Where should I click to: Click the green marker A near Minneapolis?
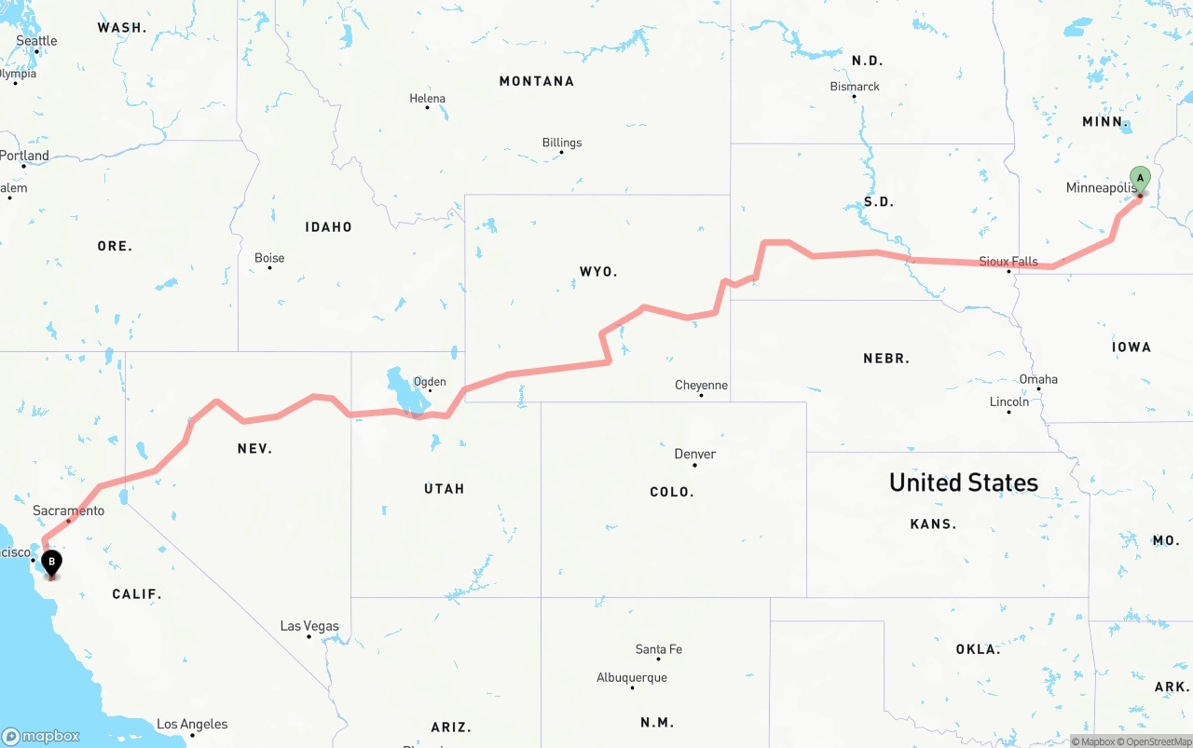click(1140, 179)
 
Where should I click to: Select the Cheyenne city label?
click(701, 386)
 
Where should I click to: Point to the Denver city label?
click(694, 455)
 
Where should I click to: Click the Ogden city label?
click(430, 382)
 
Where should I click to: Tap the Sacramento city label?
click(68, 510)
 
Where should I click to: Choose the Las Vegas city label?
click(309, 626)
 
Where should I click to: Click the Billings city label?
click(561, 143)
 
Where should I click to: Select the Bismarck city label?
click(855, 87)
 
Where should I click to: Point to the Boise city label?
click(269, 258)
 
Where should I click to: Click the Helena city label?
click(427, 99)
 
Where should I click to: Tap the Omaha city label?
click(1038, 379)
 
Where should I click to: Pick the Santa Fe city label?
click(658, 649)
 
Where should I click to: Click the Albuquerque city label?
click(632, 677)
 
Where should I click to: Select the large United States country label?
click(963, 483)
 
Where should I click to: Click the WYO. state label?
click(597, 272)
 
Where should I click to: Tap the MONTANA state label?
click(536, 81)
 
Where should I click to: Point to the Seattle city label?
click(36, 41)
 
